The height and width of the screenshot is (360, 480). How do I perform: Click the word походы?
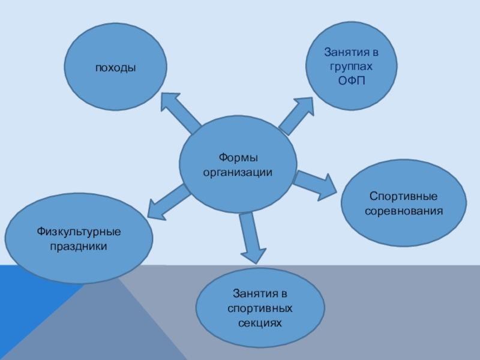pyautogui.click(x=114, y=68)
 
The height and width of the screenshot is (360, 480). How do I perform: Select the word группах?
pyautogui.click(x=352, y=67)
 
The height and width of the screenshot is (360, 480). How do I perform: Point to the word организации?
pyautogui.click(x=238, y=172)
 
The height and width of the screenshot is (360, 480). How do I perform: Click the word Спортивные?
pyautogui.click(x=403, y=197)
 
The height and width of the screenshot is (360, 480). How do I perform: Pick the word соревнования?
pyautogui.click(x=403, y=211)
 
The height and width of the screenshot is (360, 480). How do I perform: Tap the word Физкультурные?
pyautogui.click(x=79, y=231)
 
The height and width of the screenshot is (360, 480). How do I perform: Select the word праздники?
pyautogui.click(x=79, y=245)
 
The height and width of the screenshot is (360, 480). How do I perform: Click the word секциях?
pyautogui.click(x=260, y=323)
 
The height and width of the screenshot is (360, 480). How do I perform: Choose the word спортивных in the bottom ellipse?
pyautogui.click(x=260, y=308)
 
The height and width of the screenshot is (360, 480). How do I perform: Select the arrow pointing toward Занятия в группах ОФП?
pyautogui.click(x=298, y=115)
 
